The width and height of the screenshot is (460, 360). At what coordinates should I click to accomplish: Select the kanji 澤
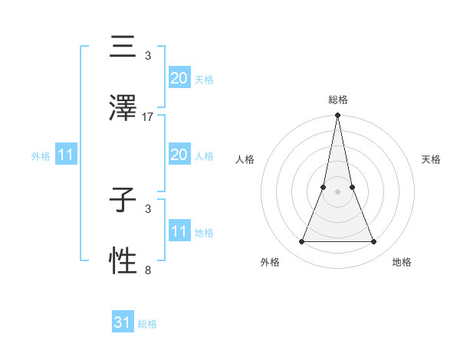point(123,108)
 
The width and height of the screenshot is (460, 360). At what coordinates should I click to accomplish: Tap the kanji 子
point(123,203)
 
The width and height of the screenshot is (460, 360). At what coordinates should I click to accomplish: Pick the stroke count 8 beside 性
point(148,270)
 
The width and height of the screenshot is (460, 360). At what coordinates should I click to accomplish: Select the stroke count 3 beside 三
point(148,56)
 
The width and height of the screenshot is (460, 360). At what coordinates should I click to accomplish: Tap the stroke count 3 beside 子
point(148,208)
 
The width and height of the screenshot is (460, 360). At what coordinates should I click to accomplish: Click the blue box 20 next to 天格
point(179,78)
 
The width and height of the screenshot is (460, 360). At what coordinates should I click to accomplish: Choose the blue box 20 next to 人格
point(179,155)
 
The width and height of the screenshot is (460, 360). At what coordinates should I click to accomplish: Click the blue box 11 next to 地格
point(179,231)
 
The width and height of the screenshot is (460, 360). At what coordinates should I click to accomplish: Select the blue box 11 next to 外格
point(66,155)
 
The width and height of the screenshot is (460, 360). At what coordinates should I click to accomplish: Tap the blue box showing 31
point(123,322)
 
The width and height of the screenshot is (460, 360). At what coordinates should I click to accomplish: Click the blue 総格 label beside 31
point(147,324)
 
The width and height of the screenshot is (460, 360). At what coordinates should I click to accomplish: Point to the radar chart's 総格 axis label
point(337,100)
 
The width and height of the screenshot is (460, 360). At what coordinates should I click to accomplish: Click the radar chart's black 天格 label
point(431,159)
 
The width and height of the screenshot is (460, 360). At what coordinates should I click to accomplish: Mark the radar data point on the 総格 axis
point(337,116)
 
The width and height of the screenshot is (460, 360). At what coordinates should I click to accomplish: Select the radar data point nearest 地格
point(374,242)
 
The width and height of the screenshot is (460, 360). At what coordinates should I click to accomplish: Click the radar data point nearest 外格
point(301,242)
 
